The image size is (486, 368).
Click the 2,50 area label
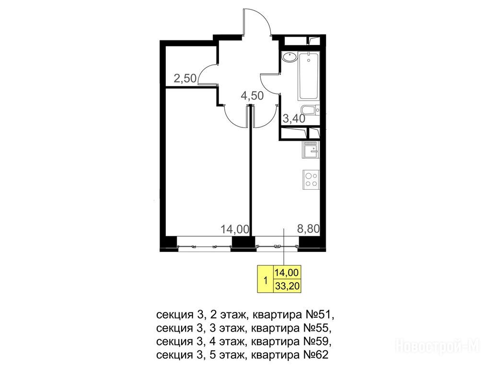tap(185, 79)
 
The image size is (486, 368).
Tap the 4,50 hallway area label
tap(252, 96)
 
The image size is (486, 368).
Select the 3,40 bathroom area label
tap(294, 118)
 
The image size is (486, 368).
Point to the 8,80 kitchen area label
tap(308, 229)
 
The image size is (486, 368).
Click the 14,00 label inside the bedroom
tap(235, 229)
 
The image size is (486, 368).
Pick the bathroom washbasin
tap(289, 57)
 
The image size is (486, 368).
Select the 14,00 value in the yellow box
tap(287, 273)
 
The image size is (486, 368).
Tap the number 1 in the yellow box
tap(266, 281)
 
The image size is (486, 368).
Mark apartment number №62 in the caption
tap(314, 355)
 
